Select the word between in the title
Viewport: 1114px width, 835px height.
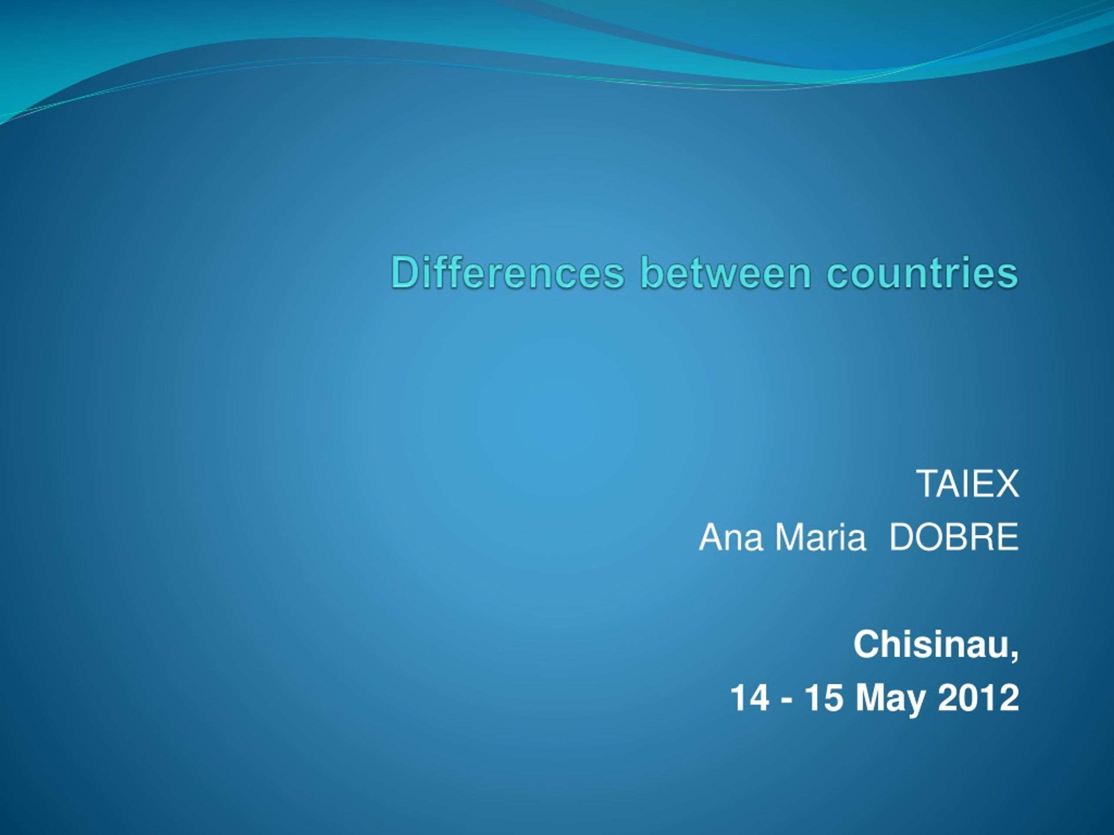tap(726, 272)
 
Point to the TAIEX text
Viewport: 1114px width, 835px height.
tap(967, 483)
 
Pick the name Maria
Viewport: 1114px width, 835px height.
tap(820, 537)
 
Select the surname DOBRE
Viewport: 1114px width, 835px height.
tap(954, 537)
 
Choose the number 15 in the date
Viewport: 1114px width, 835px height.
tap(823, 698)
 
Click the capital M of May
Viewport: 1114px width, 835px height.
tap(870, 698)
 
